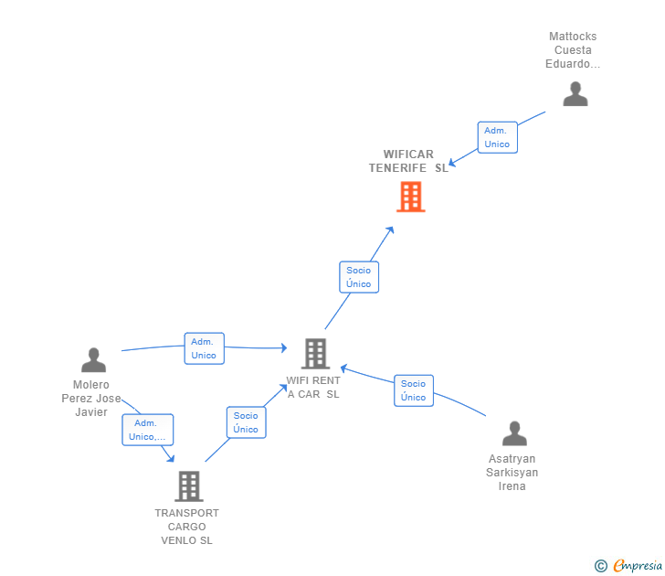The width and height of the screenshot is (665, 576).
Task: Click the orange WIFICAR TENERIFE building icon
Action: pos(410,197)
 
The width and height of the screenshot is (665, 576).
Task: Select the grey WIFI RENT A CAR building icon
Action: pos(315,353)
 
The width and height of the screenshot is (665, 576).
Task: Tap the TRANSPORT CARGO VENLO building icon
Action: pos(188,486)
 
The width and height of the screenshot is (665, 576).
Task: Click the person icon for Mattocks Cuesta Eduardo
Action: pos(575,94)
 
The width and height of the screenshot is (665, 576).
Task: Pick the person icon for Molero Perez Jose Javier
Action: pos(93,360)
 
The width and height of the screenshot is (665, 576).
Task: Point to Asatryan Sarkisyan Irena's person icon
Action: pos(514,433)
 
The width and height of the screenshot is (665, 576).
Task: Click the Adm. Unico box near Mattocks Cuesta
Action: pos(497,137)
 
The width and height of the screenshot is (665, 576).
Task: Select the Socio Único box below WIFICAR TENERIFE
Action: pos(358,277)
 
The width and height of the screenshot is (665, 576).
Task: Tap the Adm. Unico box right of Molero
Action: pos(204,348)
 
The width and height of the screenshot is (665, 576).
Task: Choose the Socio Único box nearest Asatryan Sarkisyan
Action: pos(413,390)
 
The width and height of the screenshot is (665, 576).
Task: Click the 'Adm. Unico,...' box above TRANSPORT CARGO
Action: pos(147,430)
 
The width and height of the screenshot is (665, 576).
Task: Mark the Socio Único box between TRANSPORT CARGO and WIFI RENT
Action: pos(246,422)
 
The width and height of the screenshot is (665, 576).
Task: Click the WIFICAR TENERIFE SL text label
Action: pos(408,161)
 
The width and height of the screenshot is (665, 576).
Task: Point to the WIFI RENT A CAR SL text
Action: pos(313,388)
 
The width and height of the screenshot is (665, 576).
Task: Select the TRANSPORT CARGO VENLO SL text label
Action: pos(186,527)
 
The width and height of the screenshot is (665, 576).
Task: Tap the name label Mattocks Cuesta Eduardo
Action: pos(573,50)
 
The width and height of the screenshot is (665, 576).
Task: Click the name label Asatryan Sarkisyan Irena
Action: pos(512,473)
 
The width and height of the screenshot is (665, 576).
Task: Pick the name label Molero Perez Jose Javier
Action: pos(91,399)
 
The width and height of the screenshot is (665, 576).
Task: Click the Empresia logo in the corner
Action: pos(638,566)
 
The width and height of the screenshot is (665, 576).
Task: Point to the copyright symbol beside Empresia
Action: pos(601,566)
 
